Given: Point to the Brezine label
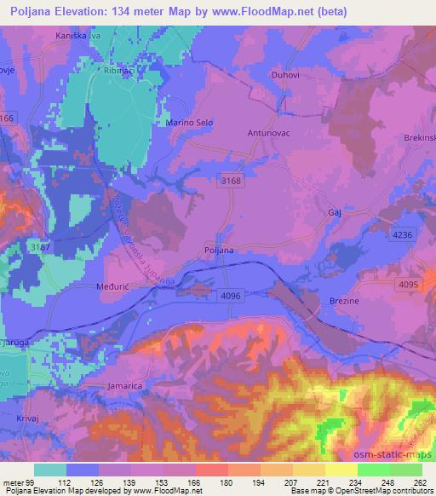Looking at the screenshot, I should (x=343, y=301).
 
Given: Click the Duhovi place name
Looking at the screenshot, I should (x=283, y=73).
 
